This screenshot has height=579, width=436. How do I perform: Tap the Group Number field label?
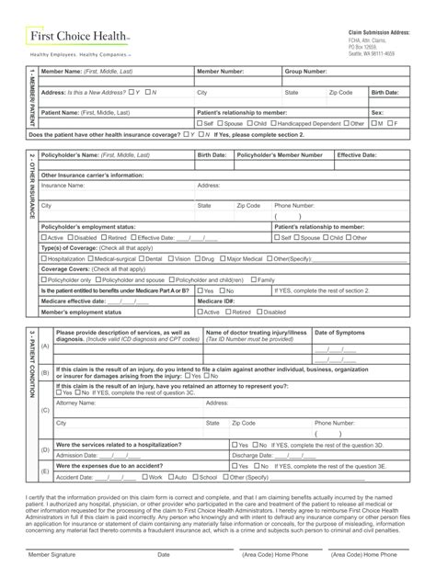click(305, 71)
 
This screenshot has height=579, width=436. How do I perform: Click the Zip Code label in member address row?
click(340, 93)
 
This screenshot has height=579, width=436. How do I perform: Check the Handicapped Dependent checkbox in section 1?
click(275, 123)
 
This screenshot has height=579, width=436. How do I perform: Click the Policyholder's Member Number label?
click(280, 155)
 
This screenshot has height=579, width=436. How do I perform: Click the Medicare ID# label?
click(216, 301)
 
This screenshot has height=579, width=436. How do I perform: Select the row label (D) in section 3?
click(45, 449)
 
